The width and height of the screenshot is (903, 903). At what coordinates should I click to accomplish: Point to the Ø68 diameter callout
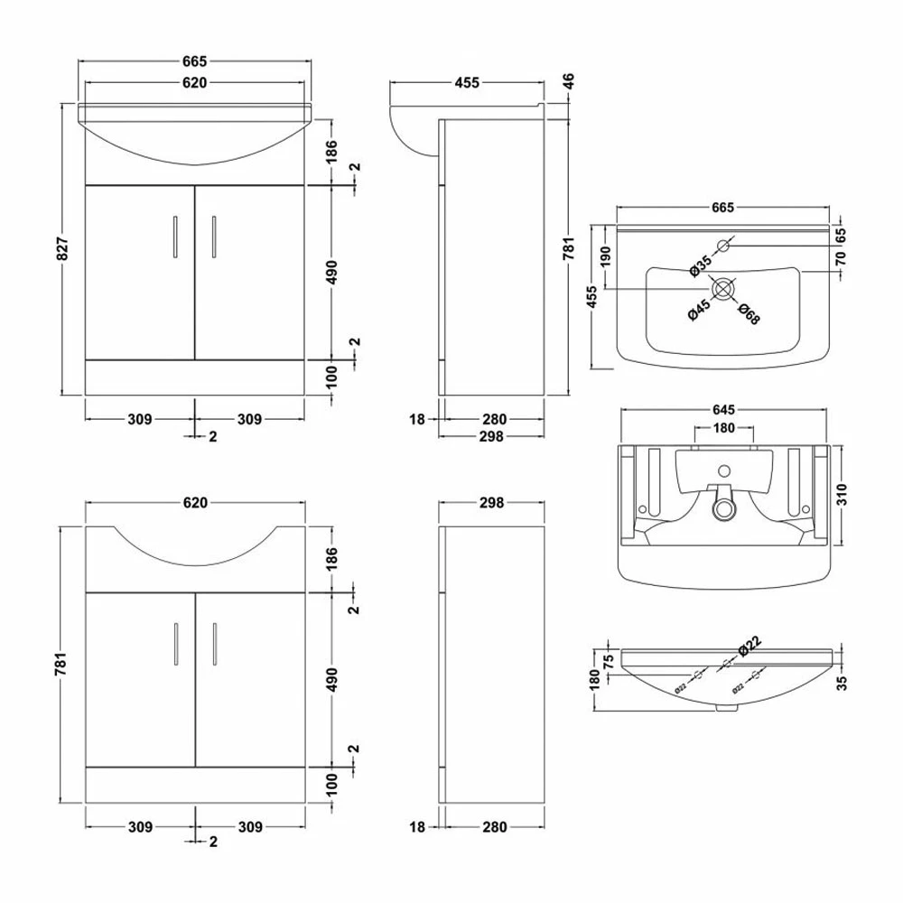pyautogui.click(x=748, y=313)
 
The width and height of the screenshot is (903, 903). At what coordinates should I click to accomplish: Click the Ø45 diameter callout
pyautogui.click(x=698, y=309)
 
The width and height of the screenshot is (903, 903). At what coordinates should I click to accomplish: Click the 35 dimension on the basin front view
pyautogui.click(x=841, y=683)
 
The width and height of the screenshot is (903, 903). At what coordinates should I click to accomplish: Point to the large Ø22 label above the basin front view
pyautogui.click(x=747, y=648)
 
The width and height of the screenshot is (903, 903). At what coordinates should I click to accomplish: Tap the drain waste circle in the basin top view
pyautogui.click(x=723, y=289)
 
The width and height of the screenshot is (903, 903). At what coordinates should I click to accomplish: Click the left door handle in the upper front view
pyautogui.click(x=174, y=237)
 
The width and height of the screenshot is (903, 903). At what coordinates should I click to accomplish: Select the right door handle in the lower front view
pyautogui.click(x=214, y=643)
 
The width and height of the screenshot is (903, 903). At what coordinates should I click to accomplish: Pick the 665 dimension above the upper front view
pyautogui.click(x=195, y=61)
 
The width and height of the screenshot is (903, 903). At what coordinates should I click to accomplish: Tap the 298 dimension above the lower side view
pyautogui.click(x=490, y=502)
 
